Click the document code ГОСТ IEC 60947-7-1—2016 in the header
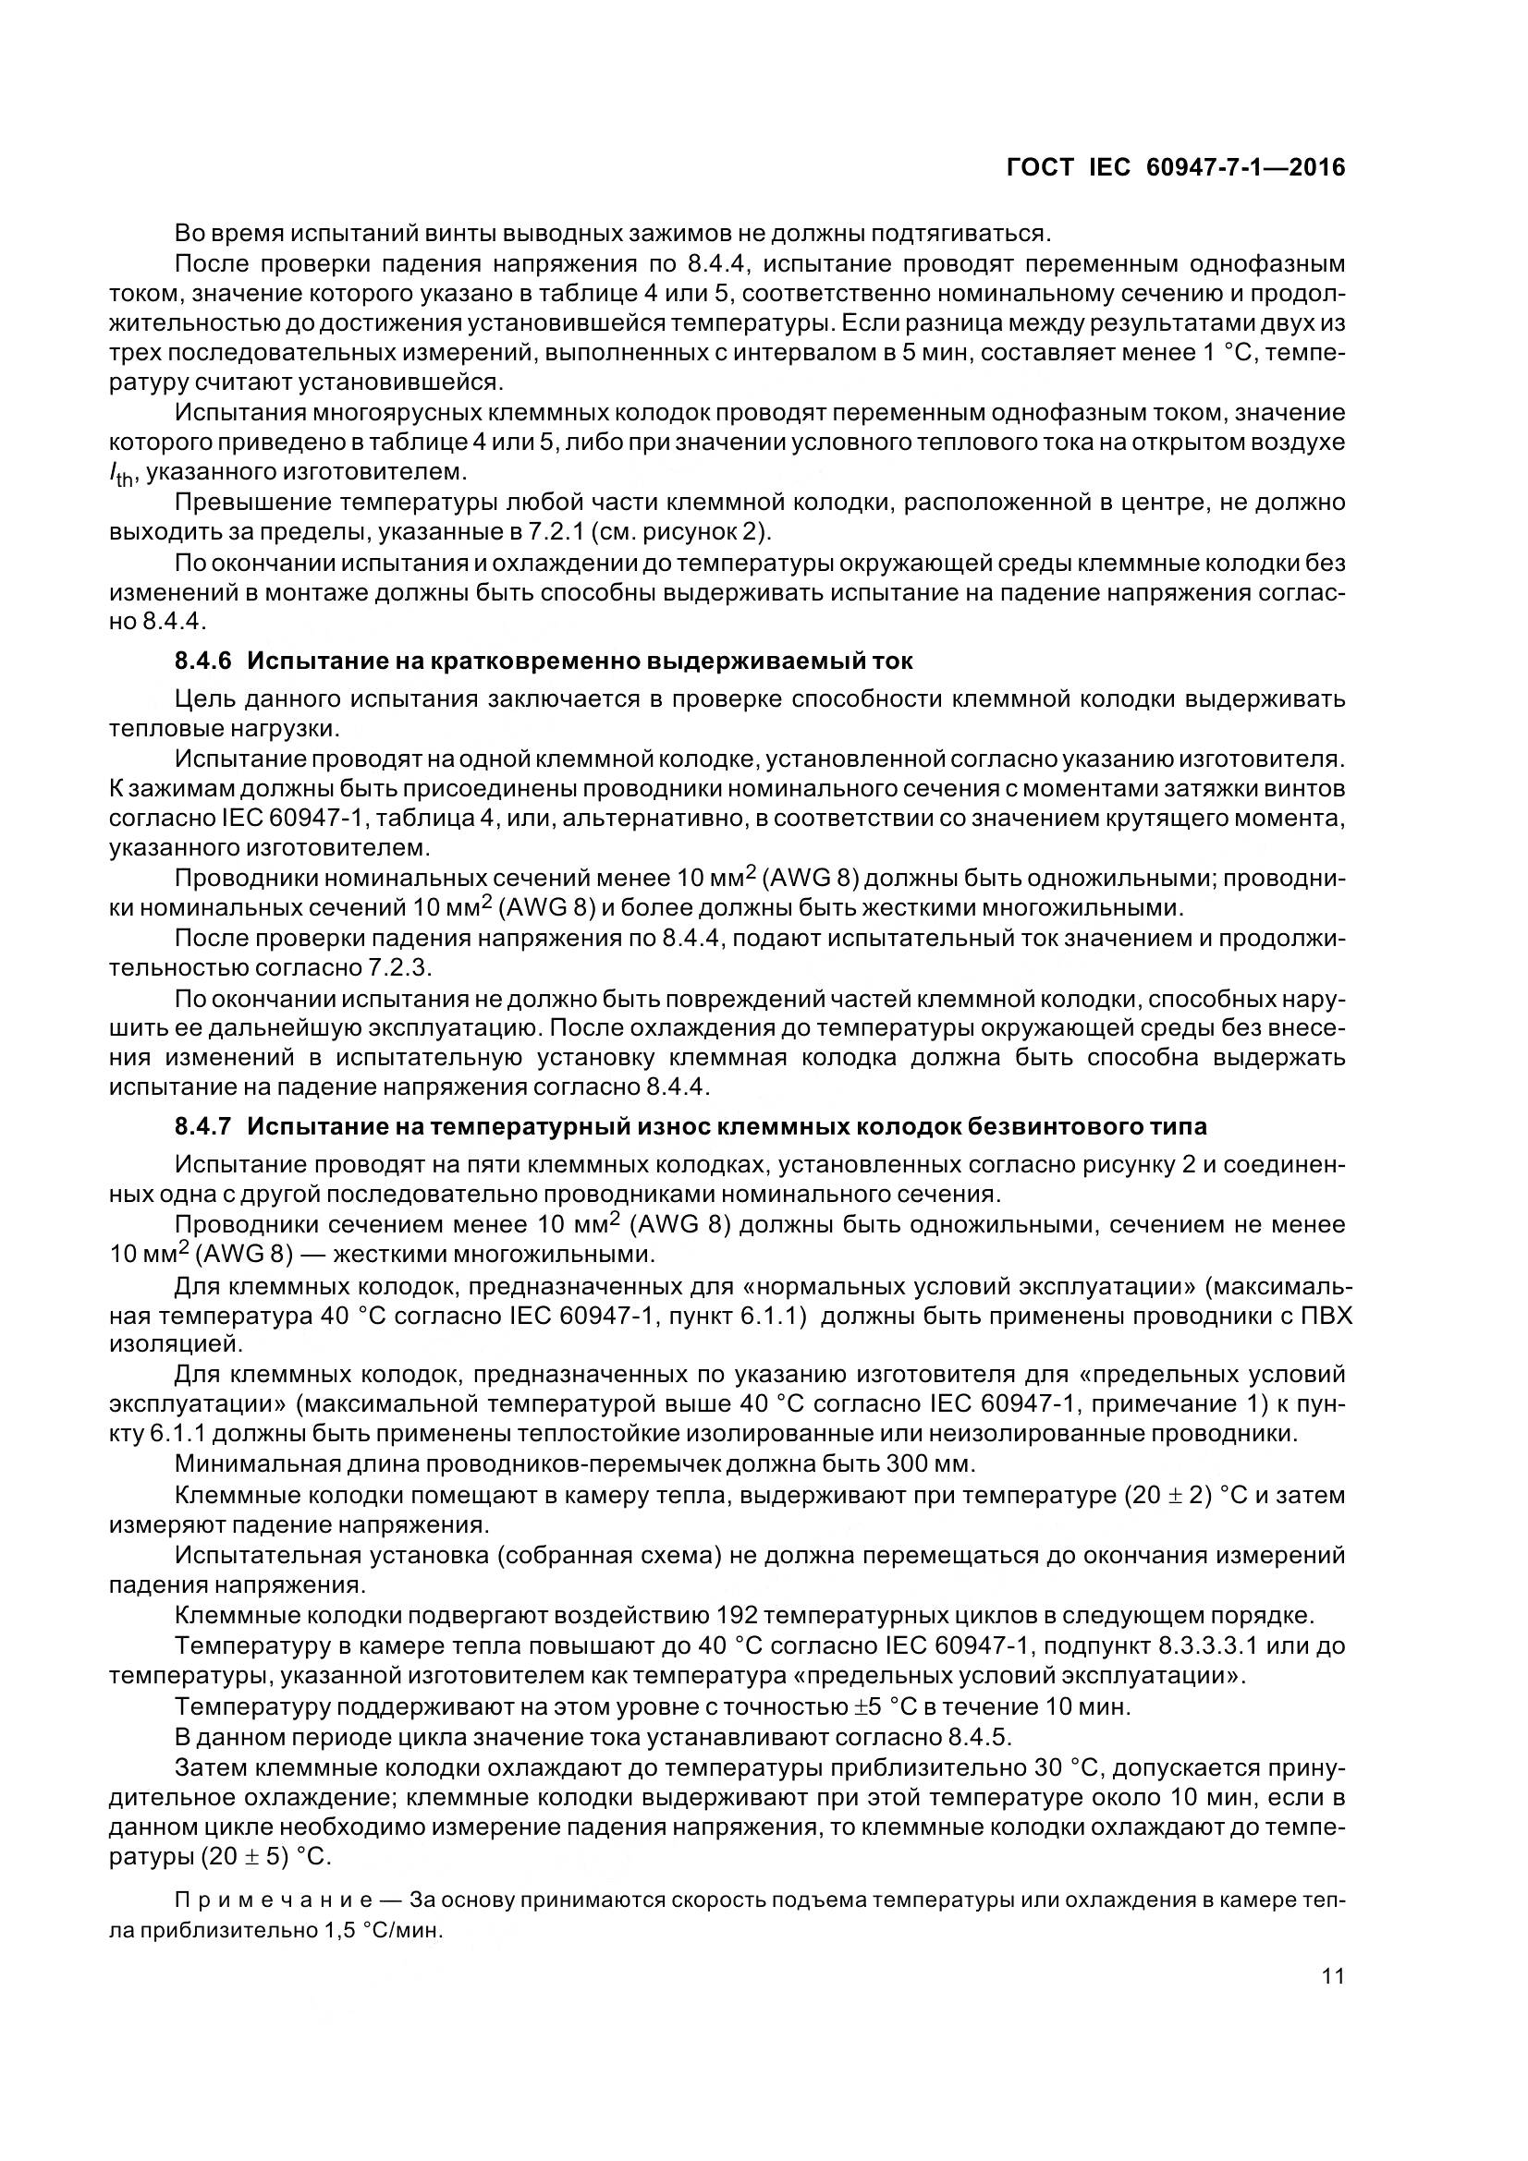[x=1176, y=167]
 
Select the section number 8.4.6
[x=202, y=661]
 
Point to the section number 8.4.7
[x=202, y=1125]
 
